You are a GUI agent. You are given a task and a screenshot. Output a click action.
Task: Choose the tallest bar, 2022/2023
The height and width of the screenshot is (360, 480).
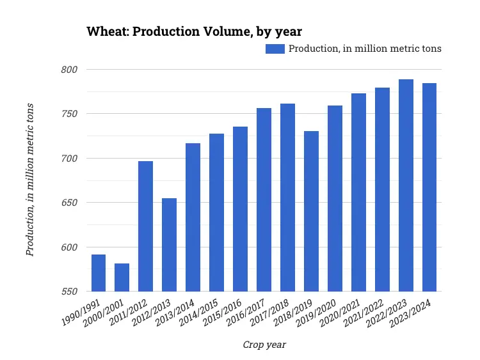(x=406, y=185)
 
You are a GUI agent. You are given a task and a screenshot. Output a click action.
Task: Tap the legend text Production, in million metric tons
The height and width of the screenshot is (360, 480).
(x=365, y=49)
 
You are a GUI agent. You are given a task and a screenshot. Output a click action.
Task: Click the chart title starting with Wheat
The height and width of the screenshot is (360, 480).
(x=195, y=31)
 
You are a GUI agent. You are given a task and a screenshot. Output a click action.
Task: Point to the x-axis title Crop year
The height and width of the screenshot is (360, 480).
(x=264, y=345)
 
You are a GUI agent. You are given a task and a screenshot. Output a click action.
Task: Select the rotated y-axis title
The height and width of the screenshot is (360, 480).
(x=30, y=180)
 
